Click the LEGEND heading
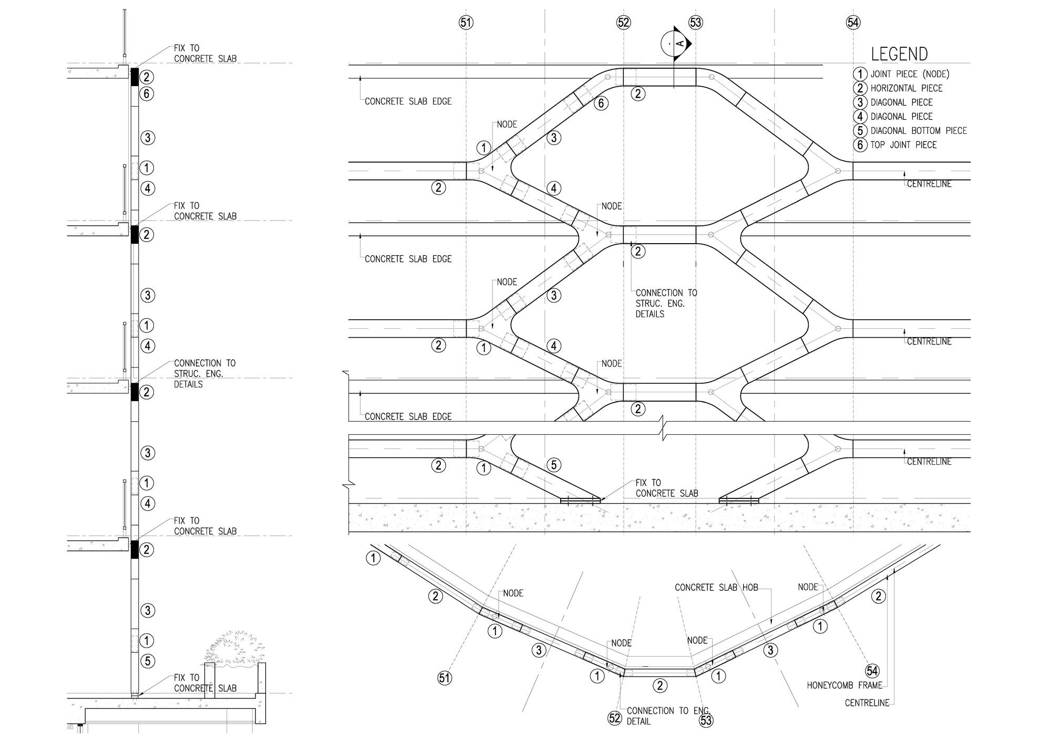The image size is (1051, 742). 899,54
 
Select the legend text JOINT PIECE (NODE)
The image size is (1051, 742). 910,74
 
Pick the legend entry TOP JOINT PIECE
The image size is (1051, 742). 903,145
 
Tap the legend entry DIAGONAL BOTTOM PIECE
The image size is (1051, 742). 918,131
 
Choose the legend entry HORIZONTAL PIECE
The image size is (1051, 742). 906,88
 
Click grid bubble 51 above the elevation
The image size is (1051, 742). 466,23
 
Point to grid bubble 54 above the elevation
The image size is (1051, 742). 853,23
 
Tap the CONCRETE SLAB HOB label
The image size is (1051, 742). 716,588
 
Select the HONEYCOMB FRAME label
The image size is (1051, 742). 844,685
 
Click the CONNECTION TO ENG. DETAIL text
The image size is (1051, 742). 668,716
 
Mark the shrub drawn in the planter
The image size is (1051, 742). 234,650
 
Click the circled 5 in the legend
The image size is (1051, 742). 860,131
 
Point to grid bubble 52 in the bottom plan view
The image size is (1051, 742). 615,718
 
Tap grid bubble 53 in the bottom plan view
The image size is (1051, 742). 706,720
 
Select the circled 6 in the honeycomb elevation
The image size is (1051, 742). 601,103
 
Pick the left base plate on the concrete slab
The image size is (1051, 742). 580,500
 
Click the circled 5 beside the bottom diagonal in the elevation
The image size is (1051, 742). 554,465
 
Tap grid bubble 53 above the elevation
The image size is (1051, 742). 695,23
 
